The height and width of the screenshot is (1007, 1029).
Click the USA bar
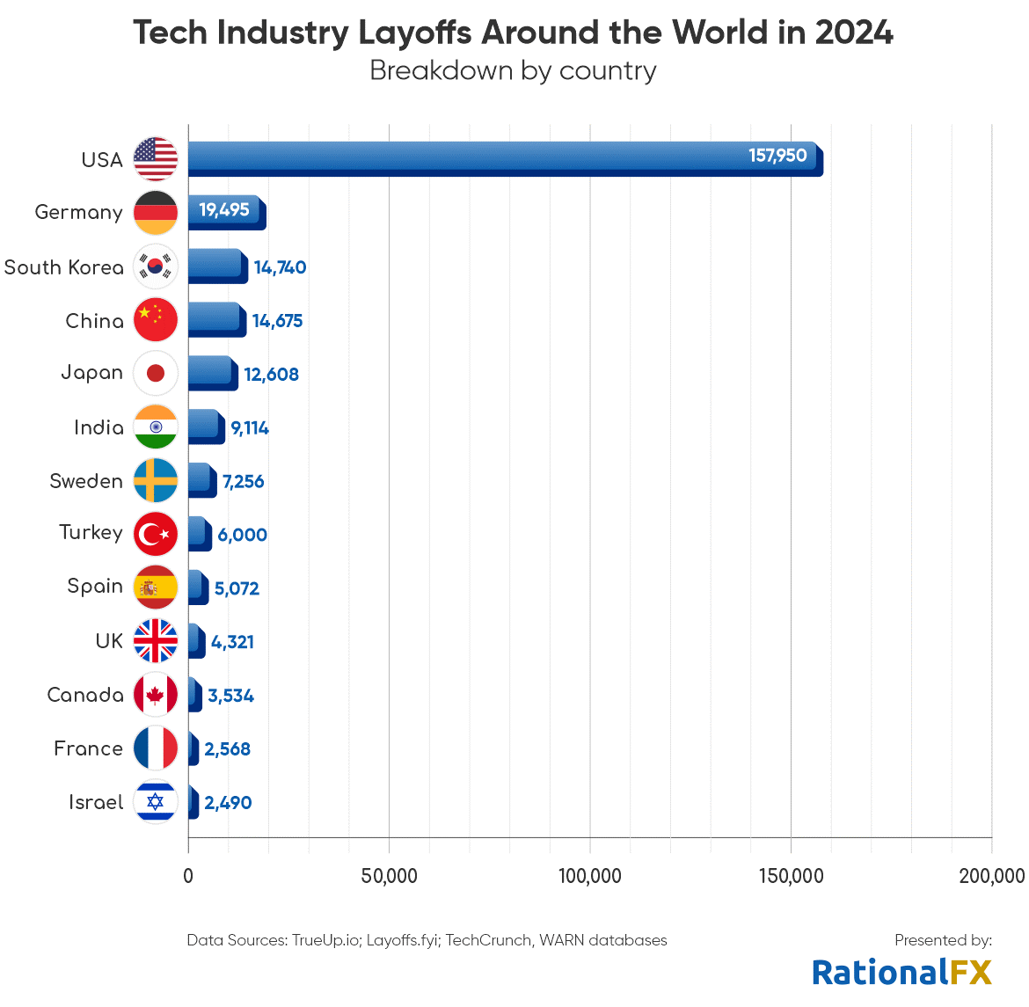(x=505, y=159)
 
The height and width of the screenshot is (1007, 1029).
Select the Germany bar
(x=226, y=212)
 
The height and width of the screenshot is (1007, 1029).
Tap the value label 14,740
(x=280, y=267)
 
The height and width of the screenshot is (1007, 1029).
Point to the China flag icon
(x=156, y=320)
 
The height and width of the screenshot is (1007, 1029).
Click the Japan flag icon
(x=156, y=374)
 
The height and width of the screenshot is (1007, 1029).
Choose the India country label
(x=99, y=427)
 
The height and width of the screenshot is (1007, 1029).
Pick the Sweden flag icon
(x=156, y=481)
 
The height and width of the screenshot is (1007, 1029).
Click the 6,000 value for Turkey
(x=242, y=535)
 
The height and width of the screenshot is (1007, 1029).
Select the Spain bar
(x=198, y=587)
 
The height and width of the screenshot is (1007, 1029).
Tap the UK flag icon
(x=156, y=641)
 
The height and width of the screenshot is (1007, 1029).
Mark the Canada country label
(x=85, y=695)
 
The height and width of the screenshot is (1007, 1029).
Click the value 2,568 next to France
(x=227, y=749)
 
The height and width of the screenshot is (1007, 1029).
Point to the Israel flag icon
(x=156, y=802)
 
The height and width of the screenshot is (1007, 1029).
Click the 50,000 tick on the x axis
(x=389, y=876)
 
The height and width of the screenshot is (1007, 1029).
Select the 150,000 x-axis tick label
(x=790, y=876)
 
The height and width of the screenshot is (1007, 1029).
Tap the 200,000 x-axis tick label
(x=991, y=876)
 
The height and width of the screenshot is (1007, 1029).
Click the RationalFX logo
(x=901, y=972)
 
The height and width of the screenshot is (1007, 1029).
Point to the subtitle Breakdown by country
(x=513, y=70)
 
